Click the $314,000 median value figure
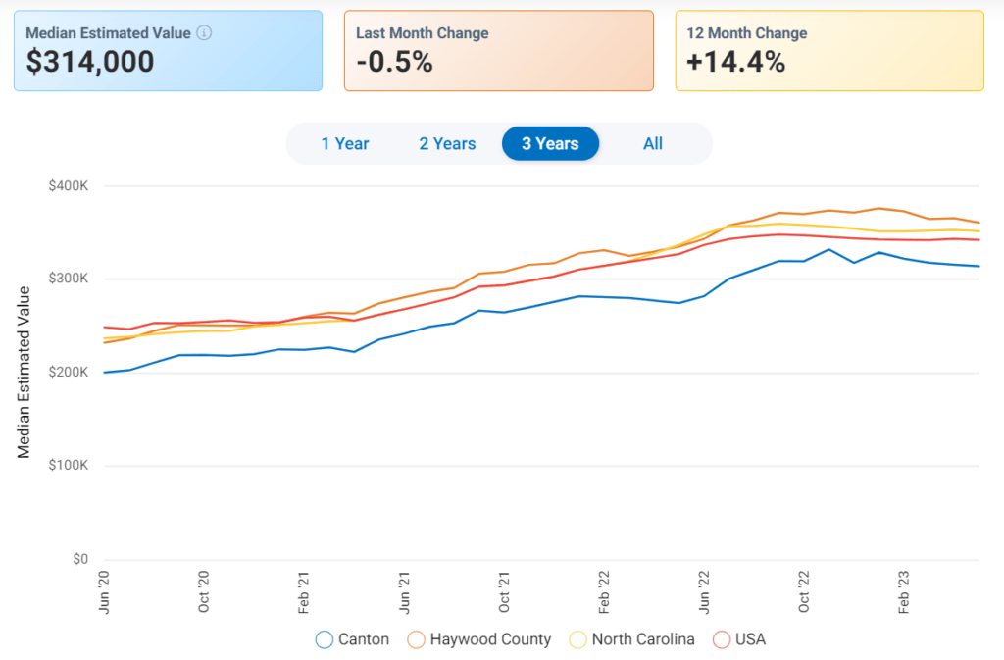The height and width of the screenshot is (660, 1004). [90, 63]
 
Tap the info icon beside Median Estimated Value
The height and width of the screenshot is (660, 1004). [204, 33]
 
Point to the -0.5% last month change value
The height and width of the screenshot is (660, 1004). [394, 63]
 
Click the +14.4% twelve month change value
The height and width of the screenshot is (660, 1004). [736, 63]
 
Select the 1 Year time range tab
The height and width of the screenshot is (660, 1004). [345, 144]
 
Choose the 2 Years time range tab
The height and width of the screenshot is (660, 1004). [447, 144]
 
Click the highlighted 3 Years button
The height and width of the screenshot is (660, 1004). [550, 144]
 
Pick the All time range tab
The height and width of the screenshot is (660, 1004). [653, 144]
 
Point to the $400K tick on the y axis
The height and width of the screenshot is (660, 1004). [70, 186]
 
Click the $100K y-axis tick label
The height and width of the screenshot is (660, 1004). [70, 467]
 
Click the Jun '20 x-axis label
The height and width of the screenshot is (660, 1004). [104, 592]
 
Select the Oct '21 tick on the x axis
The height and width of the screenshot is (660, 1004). [504, 592]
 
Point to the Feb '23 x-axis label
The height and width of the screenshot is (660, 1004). [903, 592]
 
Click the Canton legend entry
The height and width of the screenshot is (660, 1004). [353, 639]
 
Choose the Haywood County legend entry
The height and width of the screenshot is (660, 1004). [479, 639]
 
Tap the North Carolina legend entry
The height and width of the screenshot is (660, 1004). [632, 639]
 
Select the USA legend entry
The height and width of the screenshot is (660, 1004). [739, 639]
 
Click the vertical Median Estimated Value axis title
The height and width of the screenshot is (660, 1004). [25, 373]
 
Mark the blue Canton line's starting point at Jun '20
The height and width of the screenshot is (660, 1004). [104, 373]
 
